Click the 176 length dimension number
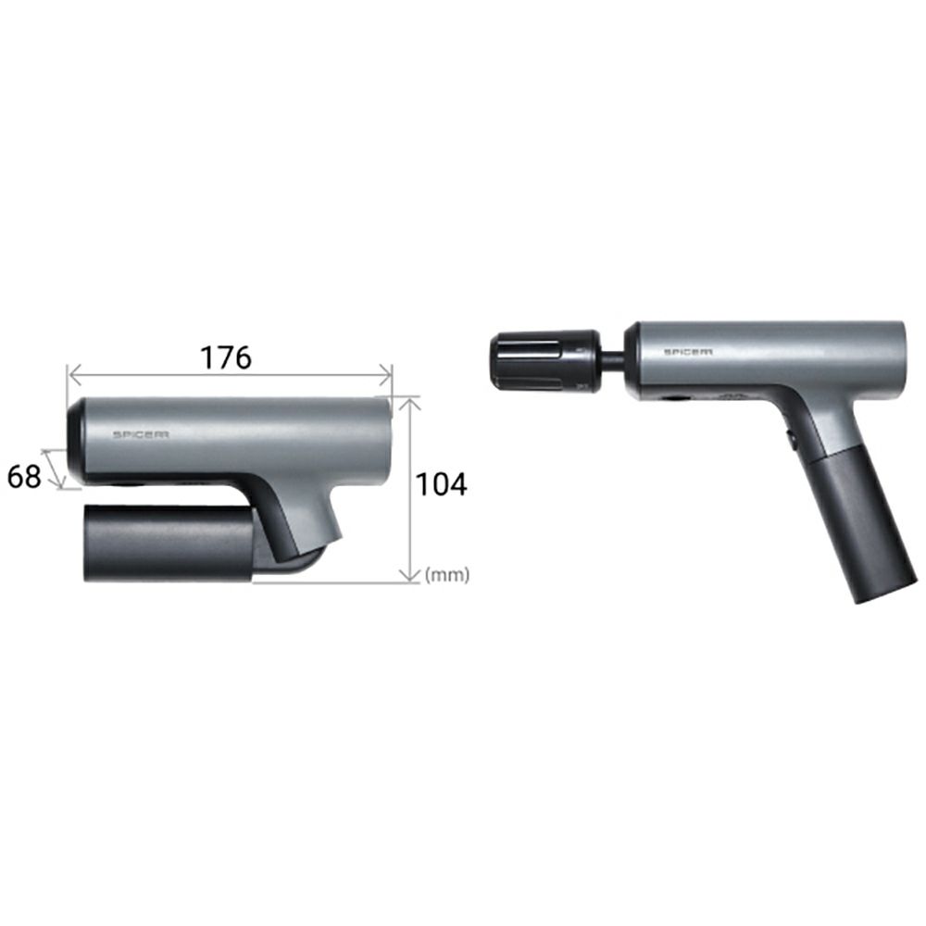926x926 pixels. pos(226,357)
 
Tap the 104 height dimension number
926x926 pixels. pos(441,484)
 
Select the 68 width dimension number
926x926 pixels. pos(24,476)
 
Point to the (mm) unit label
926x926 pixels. pos(447,574)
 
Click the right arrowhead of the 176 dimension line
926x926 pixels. pos(386,374)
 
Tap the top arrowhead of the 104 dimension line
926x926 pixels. pos(410,403)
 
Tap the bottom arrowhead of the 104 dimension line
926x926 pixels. pos(410,575)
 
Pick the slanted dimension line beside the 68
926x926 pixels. pos(52,469)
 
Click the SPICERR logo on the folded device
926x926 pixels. pos(141,434)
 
